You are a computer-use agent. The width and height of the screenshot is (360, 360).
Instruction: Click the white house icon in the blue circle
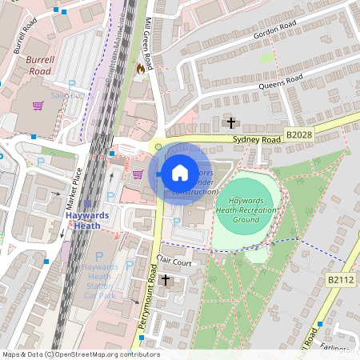click(180, 173)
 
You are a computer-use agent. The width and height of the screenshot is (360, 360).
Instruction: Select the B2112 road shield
click(341, 279)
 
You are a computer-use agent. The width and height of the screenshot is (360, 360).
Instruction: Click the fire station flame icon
click(142, 69)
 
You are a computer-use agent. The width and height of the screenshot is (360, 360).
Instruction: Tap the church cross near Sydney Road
click(231, 123)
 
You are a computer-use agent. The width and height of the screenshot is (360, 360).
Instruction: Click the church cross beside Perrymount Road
click(166, 279)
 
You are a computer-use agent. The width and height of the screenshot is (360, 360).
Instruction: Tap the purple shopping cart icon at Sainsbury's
click(38, 105)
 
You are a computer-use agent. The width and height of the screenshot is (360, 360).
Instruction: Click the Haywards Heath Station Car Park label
click(100, 281)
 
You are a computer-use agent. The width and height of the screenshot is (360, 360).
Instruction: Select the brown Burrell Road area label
click(38, 64)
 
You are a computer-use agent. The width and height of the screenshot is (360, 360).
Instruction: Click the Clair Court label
click(174, 262)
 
